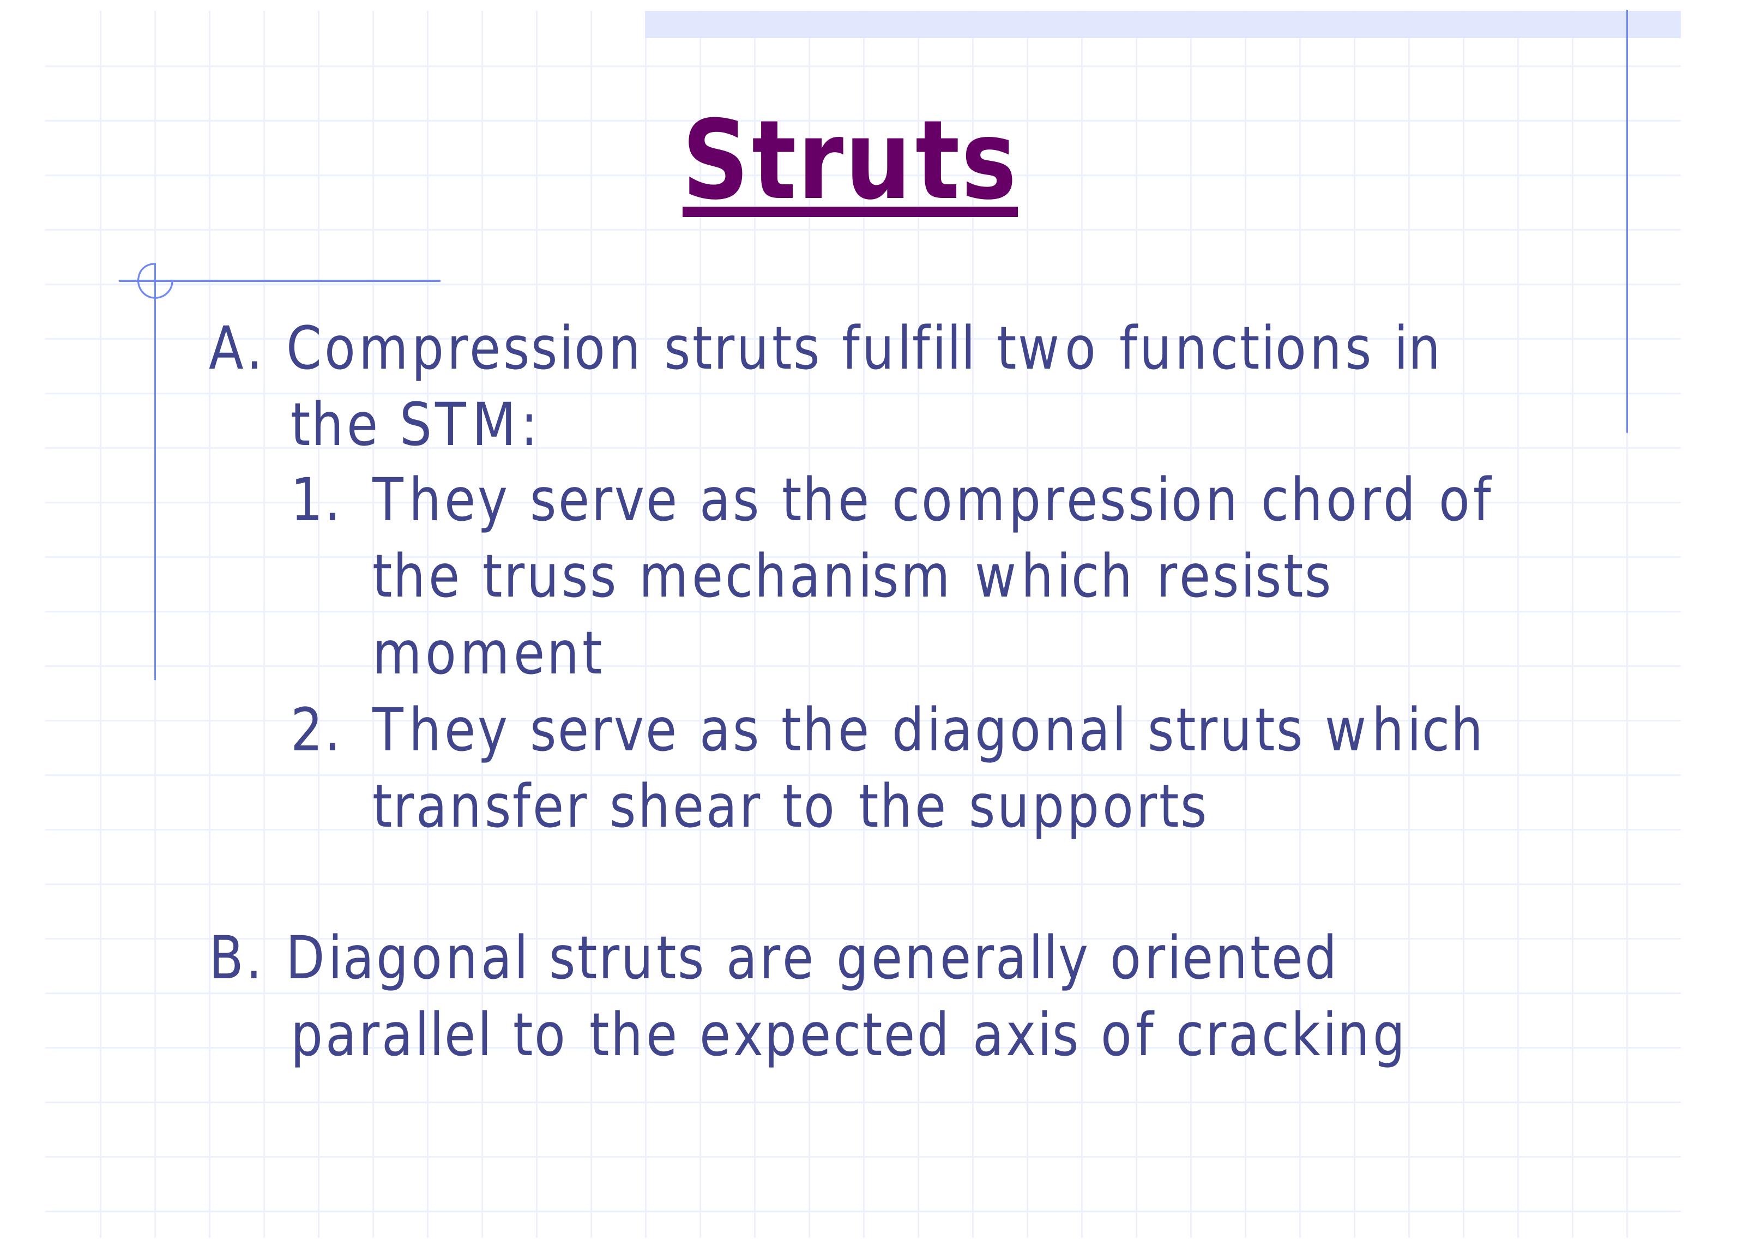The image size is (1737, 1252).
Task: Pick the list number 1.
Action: [x=315, y=501]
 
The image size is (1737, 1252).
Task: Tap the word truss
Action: [x=549, y=577]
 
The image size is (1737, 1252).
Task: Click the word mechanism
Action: [x=795, y=576]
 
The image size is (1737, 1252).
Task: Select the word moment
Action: [x=487, y=654]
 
